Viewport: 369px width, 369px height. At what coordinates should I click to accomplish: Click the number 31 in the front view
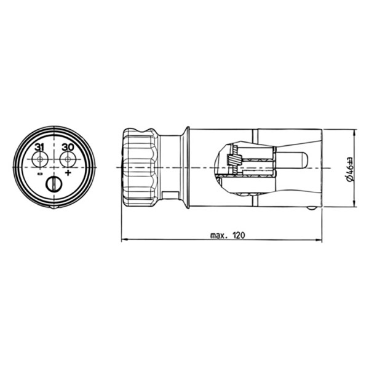click(39, 148)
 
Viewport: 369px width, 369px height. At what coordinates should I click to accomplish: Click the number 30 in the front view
click(68, 148)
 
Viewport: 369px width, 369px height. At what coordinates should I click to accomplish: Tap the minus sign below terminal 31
click(40, 174)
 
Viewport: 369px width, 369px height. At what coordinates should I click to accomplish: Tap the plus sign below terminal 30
click(68, 173)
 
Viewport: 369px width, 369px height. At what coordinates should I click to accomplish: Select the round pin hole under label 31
click(40, 159)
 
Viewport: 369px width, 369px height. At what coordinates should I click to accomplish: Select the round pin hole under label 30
click(68, 159)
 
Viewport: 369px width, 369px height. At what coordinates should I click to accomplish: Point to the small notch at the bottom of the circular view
click(54, 207)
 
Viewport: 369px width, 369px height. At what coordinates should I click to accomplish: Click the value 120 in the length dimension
click(239, 235)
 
